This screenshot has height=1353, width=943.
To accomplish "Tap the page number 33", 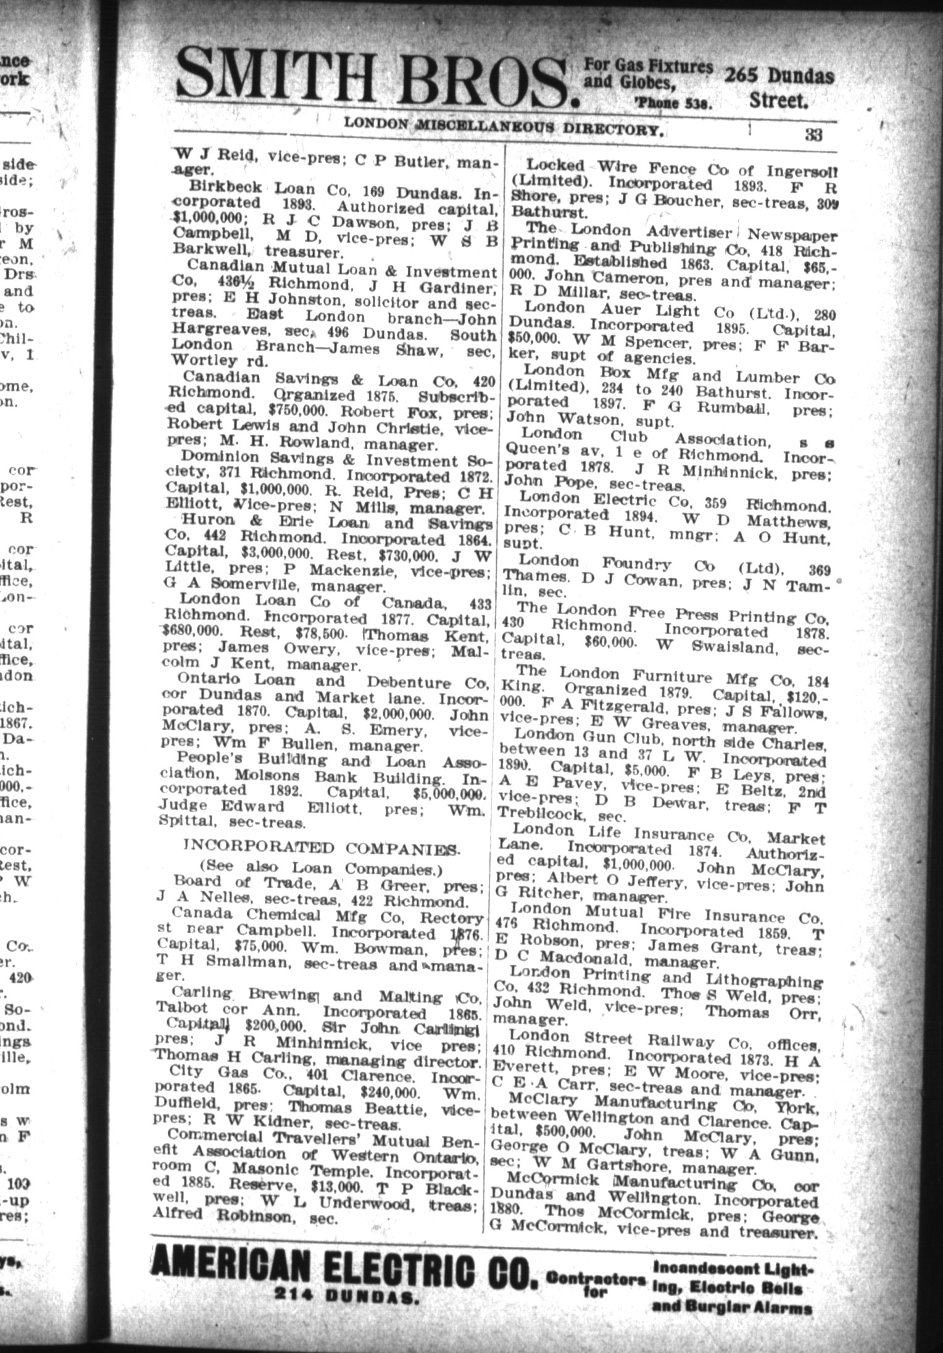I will (x=813, y=135).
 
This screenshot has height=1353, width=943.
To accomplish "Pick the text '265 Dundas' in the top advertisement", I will (x=779, y=77).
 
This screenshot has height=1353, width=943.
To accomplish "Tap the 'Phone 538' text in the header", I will (x=673, y=104).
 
